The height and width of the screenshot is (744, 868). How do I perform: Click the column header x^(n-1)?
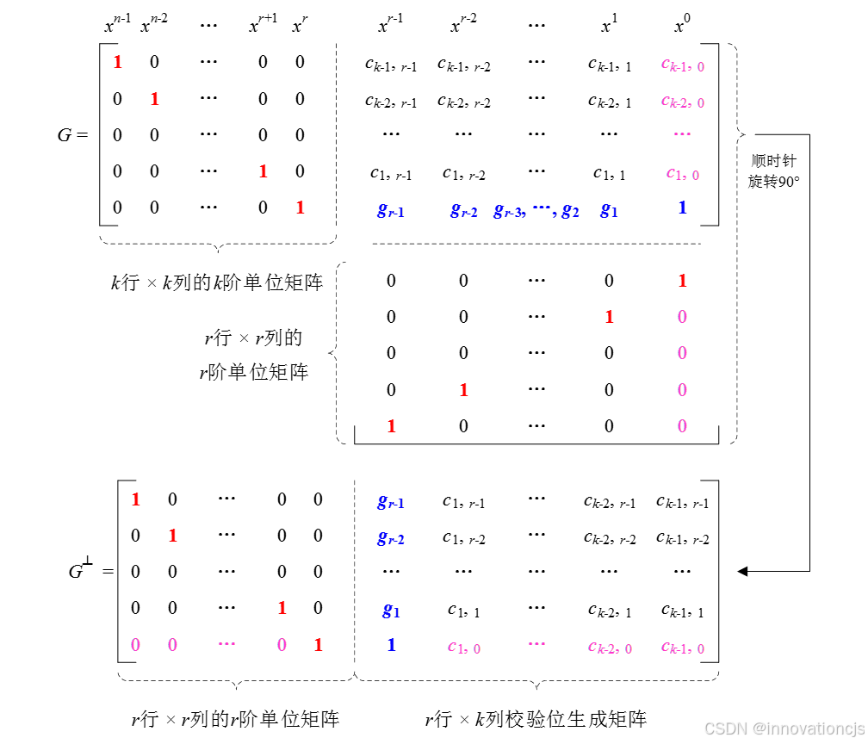(117, 25)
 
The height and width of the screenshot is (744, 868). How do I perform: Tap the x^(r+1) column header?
(263, 25)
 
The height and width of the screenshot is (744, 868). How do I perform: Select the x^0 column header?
(681, 25)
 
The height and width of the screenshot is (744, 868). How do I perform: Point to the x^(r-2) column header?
(463, 25)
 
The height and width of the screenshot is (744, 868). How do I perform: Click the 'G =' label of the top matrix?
(72, 135)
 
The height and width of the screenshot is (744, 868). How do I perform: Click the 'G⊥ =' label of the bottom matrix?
(90, 570)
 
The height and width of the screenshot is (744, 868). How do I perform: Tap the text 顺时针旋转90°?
(774, 171)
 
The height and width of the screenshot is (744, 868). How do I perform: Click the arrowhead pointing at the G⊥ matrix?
(742, 571)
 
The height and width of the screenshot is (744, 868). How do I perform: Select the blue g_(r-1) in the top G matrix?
(390, 209)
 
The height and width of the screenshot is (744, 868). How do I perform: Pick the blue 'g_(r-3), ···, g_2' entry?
(536, 209)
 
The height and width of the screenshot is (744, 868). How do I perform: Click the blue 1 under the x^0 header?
(682, 208)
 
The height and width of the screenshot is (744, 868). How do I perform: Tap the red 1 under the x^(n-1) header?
(118, 62)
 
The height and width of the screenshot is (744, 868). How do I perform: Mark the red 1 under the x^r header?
(300, 208)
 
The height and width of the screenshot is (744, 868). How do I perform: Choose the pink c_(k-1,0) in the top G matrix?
(682, 65)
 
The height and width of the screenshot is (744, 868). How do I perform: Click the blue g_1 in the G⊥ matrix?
(391, 611)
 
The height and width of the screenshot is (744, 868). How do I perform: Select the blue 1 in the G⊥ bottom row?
(391, 645)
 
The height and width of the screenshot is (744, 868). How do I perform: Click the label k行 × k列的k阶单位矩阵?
(217, 282)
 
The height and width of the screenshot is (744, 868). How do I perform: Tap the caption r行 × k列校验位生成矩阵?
(536, 719)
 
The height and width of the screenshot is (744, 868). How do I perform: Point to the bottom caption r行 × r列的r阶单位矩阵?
(235, 719)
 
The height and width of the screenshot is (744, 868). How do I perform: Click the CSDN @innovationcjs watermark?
(784, 728)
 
